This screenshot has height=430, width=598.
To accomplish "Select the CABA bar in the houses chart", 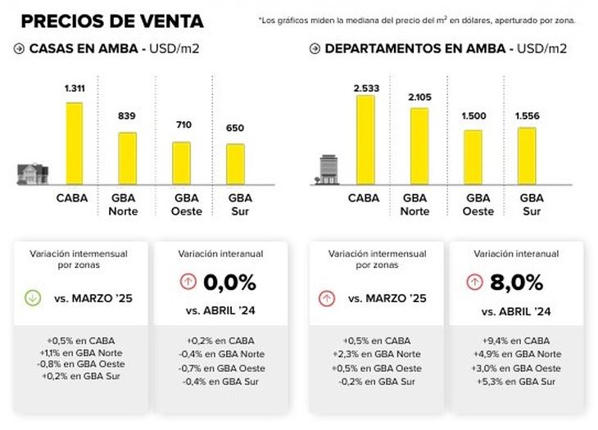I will point(75,143).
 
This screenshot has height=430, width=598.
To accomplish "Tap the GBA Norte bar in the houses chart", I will point(127,158).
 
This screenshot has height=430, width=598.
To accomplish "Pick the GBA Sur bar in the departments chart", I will point(527,156).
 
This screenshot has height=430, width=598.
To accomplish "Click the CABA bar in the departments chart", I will point(365,140).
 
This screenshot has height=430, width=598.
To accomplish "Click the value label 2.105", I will point(419,98).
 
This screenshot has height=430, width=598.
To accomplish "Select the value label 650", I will point(236,129).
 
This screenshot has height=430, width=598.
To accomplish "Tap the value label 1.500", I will point(473,116).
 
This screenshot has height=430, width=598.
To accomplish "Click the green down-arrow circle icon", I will point(33,298).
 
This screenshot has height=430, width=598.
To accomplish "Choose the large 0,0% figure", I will point(229,283).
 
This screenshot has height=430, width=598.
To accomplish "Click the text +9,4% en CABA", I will point(517,340).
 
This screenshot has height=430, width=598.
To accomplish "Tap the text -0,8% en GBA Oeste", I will point(78,364).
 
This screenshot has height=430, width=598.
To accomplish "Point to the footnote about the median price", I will point(418,20).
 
